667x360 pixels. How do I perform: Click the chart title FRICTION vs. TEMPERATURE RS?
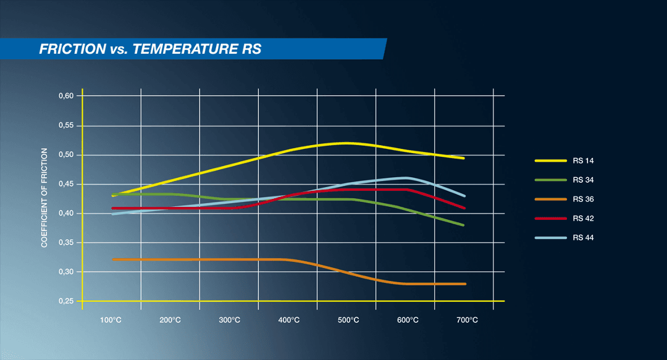[150, 49]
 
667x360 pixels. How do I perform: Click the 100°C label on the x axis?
[111, 320]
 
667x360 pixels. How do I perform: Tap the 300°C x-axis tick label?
[229, 320]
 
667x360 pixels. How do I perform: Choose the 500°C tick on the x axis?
[348, 320]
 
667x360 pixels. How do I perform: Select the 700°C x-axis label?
[466, 320]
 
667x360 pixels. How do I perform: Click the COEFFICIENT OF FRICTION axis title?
[44, 198]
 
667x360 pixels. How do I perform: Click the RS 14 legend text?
[583, 161]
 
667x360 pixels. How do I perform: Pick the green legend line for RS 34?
[550, 180]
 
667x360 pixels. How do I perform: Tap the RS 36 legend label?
[583, 199]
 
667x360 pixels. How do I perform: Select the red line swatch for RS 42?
[550, 219]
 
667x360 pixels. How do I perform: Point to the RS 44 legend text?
[583, 238]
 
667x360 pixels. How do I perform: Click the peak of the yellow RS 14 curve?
[346, 143]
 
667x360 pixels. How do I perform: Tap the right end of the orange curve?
[464, 283]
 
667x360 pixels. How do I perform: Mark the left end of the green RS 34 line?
[113, 195]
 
